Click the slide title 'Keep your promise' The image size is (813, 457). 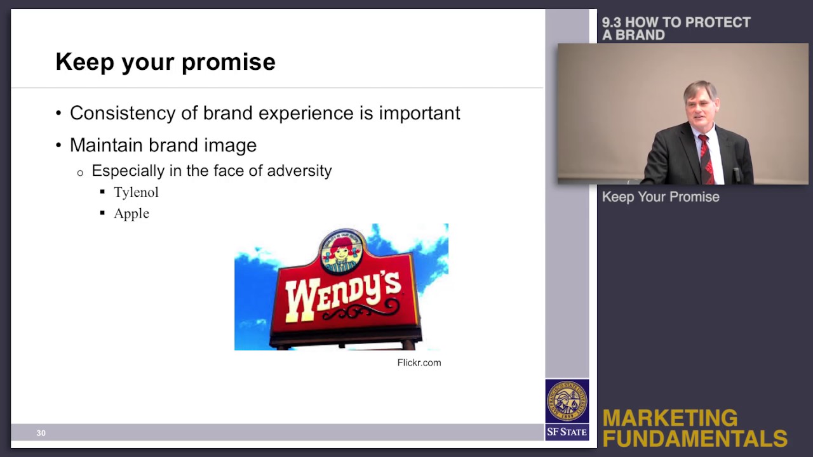(165, 62)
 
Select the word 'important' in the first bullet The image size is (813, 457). (419, 113)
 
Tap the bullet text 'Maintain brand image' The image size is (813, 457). (163, 145)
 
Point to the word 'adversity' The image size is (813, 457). (299, 171)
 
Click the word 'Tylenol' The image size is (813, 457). (136, 192)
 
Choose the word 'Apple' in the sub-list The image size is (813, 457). (131, 213)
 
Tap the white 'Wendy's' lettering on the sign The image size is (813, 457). (343, 294)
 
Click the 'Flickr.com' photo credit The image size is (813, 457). (419, 362)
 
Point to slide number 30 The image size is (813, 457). (41, 433)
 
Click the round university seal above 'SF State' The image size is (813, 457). (567, 401)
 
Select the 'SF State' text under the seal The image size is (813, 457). (567, 432)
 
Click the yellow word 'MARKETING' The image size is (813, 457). (669, 418)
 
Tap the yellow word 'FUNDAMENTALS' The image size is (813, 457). (695, 439)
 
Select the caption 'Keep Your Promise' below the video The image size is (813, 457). (661, 197)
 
